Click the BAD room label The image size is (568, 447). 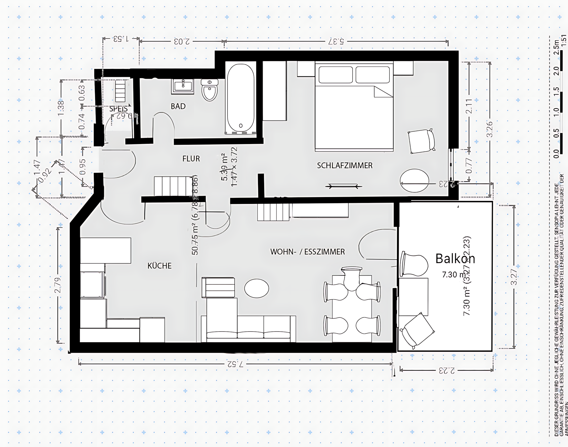(x=178, y=106)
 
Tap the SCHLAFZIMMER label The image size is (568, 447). (x=344, y=165)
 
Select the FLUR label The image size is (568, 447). (x=191, y=159)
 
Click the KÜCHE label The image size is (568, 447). (x=159, y=266)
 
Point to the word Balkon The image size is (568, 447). (x=455, y=259)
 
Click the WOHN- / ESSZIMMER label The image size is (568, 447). (x=307, y=252)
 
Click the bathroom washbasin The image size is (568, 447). (x=183, y=86)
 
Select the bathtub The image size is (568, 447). (x=241, y=97)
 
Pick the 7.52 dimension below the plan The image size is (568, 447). (x=235, y=364)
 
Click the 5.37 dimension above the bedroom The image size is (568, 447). (x=336, y=41)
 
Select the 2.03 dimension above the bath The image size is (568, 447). (x=182, y=41)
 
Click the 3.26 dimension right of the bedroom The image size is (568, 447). (x=489, y=129)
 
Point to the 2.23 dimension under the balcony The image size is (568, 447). (x=447, y=370)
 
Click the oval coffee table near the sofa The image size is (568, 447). (x=257, y=288)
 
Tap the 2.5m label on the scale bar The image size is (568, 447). (x=557, y=47)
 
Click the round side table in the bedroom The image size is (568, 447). (x=414, y=181)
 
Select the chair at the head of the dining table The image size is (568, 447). (x=351, y=278)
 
